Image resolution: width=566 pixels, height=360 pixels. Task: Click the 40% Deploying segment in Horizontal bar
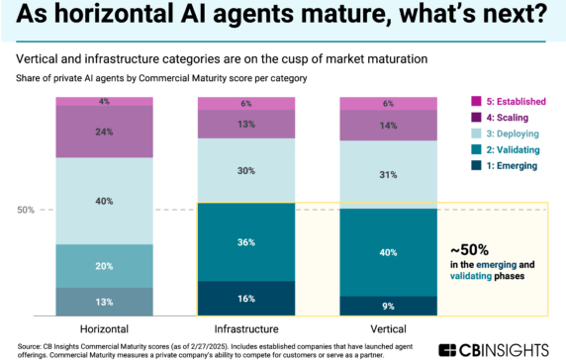104,201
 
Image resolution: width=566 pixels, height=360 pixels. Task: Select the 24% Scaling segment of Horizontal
104,132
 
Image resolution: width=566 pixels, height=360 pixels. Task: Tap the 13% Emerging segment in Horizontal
104,302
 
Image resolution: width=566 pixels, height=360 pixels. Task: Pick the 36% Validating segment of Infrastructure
246,241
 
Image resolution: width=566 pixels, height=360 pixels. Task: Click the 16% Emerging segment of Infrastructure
246,298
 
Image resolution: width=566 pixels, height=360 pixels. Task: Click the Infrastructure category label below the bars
246,326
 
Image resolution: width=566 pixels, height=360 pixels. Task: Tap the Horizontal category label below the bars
104,326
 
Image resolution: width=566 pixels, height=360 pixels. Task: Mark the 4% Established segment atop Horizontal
104,101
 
